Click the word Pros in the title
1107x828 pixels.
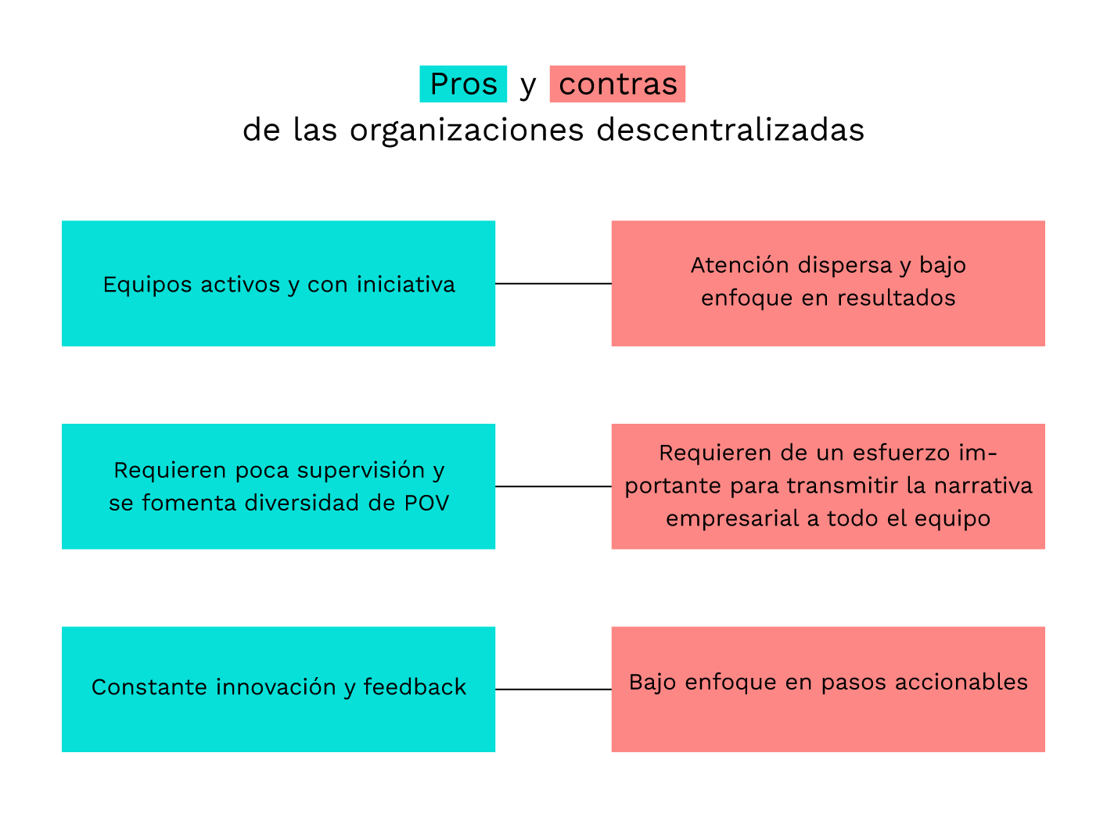[463, 84]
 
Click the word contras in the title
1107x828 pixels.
[617, 84]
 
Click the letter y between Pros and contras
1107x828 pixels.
[528, 85]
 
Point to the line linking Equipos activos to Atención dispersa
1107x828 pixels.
[553, 284]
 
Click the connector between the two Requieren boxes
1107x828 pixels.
[553, 486]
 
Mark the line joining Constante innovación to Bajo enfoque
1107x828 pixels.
[553, 690]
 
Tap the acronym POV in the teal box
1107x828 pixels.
[427, 503]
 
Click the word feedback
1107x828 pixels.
[415, 687]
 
